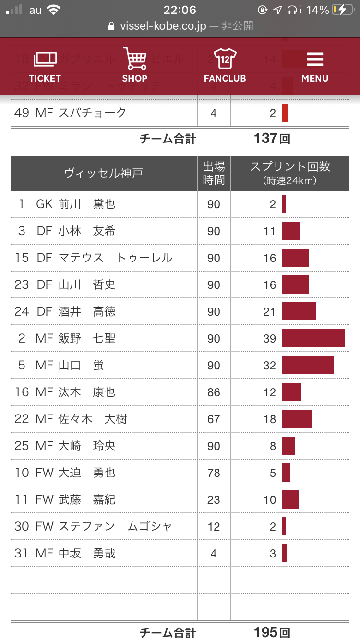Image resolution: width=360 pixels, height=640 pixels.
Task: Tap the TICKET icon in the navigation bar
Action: [x=45, y=59]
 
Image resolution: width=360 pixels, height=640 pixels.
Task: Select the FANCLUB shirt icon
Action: [x=225, y=59]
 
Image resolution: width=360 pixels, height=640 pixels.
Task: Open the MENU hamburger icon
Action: [x=315, y=59]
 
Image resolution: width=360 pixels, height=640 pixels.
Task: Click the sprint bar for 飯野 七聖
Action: [x=313, y=338]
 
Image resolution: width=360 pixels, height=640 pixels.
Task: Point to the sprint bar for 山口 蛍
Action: [x=308, y=365]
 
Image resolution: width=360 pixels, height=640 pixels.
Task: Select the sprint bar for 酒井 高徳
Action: [x=299, y=311]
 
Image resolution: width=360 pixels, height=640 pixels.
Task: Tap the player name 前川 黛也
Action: [x=87, y=204]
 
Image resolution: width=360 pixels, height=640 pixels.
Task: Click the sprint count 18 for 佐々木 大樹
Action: [x=270, y=419]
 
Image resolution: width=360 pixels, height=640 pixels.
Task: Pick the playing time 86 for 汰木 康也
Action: [x=214, y=392]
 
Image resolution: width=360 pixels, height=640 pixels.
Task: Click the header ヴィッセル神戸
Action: [x=104, y=173]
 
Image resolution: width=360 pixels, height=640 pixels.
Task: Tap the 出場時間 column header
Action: [x=214, y=173]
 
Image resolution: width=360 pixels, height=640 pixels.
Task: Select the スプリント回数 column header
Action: [x=290, y=173]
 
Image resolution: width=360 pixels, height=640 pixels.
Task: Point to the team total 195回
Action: [x=272, y=632]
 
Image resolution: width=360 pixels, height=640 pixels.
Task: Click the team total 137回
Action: [x=272, y=139]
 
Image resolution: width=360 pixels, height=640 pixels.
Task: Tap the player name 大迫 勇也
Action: [x=87, y=473]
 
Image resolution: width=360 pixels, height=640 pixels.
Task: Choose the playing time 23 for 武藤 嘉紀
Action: [x=214, y=499]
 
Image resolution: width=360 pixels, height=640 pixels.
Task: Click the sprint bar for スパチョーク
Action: [x=285, y=113]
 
